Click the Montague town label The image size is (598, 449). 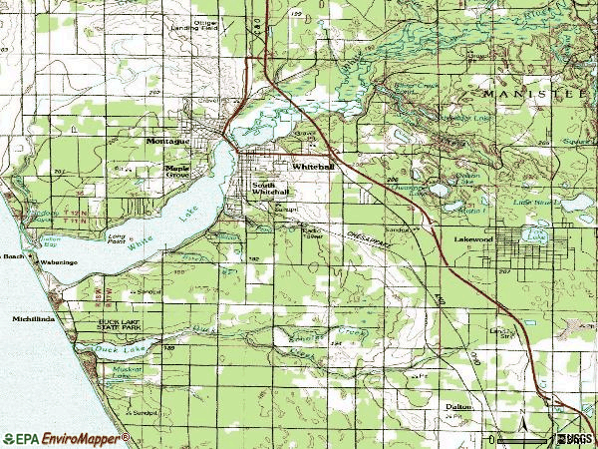(x=167, y=141)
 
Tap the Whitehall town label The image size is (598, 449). (x=313, y=167)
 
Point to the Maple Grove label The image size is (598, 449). (x=177, y=171)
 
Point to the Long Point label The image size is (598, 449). (x=117, y=237)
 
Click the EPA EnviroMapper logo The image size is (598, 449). (x=66, y=438)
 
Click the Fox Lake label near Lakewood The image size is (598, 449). (x=539, y=237)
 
